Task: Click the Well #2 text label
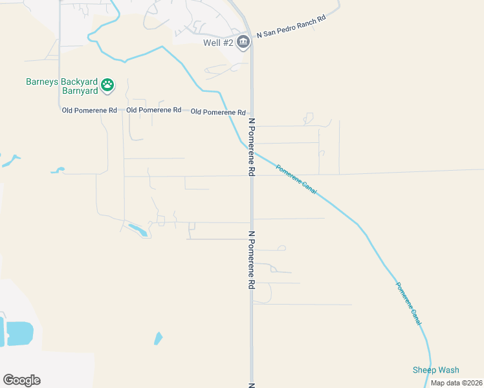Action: pos(217,43)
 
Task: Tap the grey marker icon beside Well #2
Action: pos(243,43)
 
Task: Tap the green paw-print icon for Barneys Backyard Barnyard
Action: pos(107,84)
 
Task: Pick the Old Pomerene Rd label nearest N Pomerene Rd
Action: pos(219,112)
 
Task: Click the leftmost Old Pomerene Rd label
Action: pos(89,111)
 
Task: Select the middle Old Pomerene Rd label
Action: pos(154,111)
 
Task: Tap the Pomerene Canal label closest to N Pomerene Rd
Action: pos(296,180)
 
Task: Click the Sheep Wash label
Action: pos(435,370)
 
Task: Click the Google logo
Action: pos(21,380)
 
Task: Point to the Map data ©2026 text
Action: pos(456,383)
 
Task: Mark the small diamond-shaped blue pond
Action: pos(158,338)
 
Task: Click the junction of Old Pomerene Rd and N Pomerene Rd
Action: pos(252,112)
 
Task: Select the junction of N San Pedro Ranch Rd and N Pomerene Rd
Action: pos(250,36)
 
